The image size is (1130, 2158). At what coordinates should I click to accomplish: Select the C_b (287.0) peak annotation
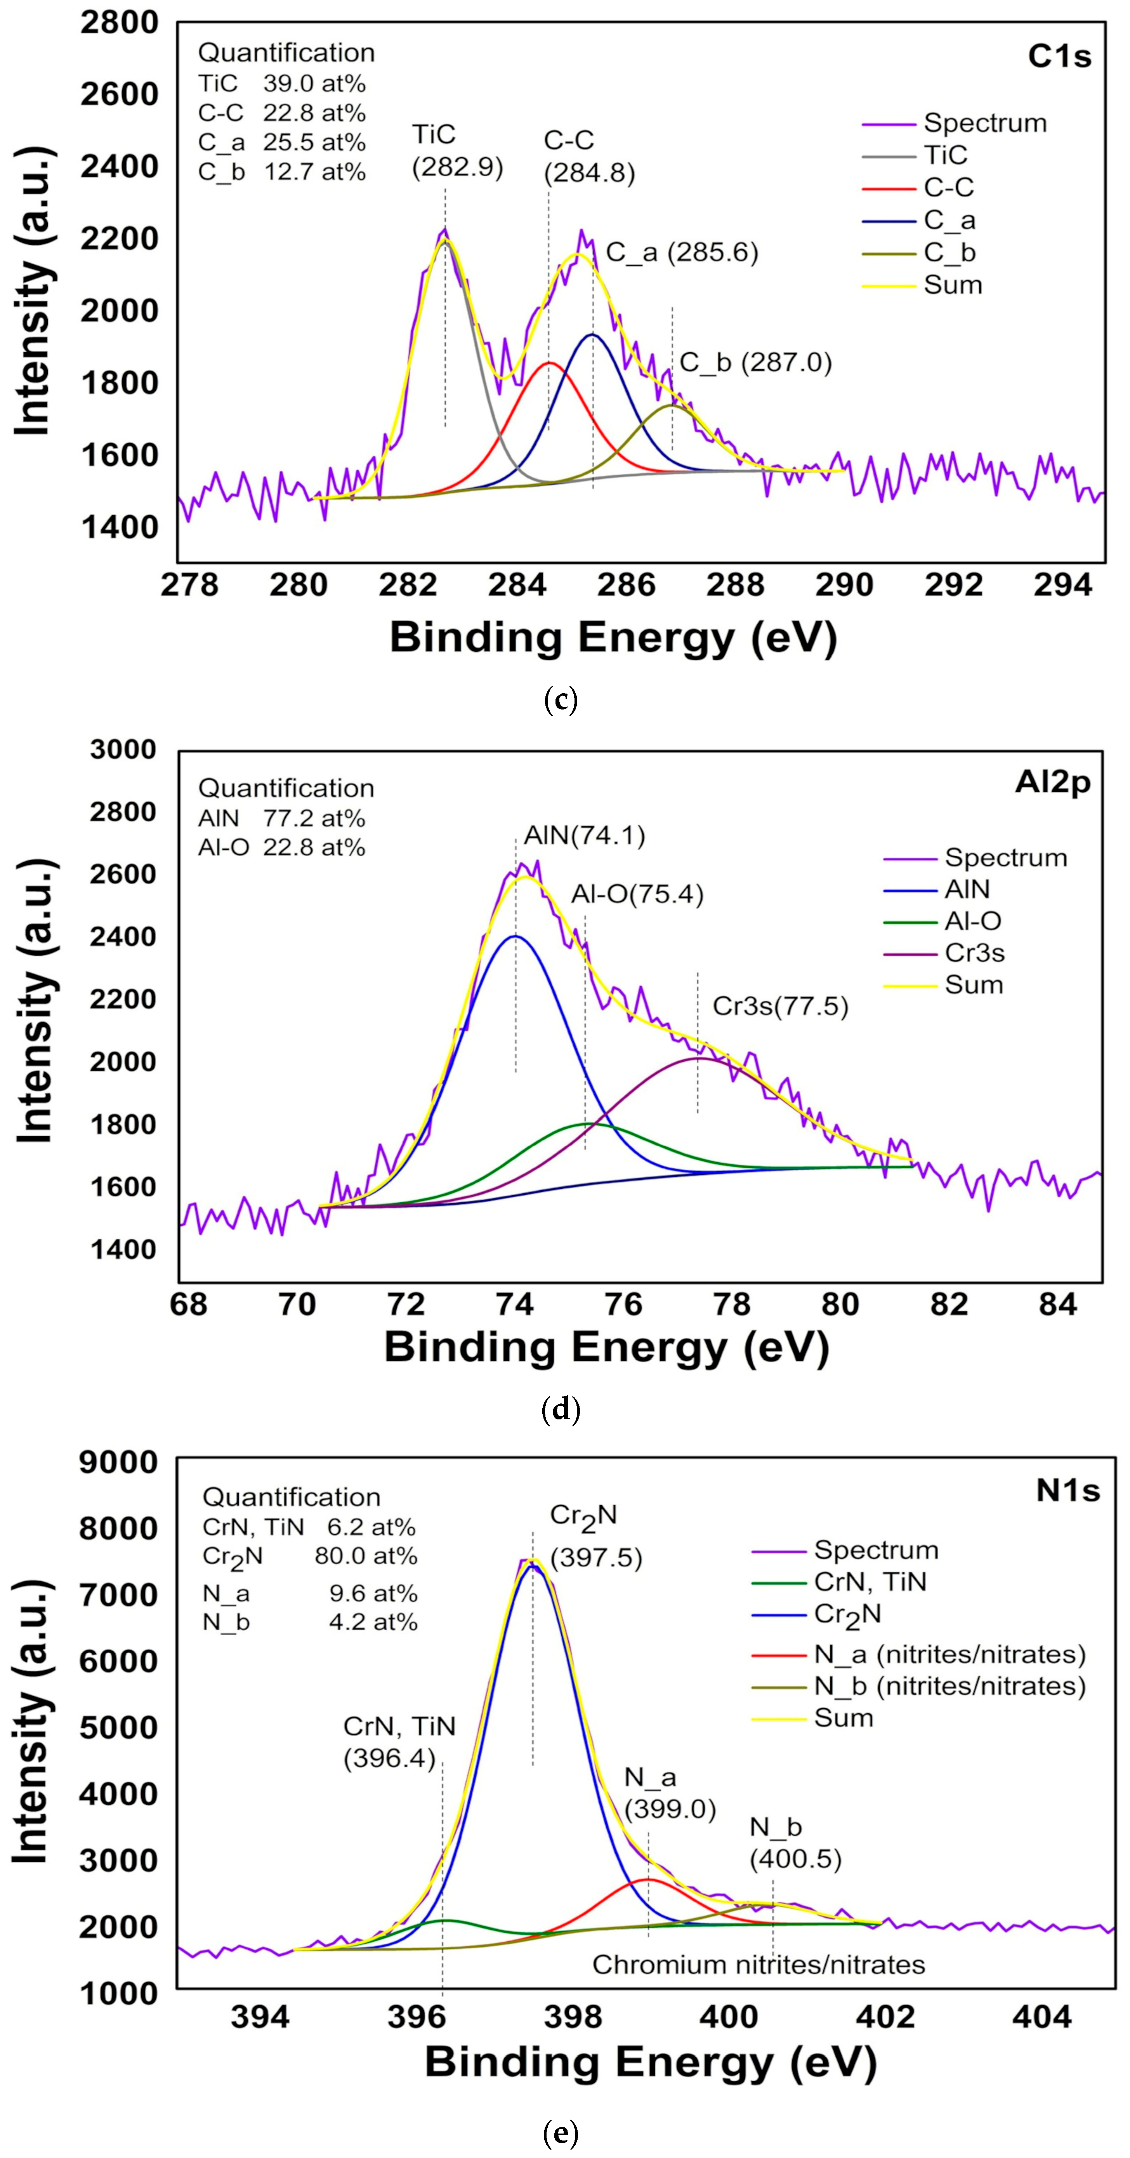755,363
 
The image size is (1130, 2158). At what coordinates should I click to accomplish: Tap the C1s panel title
1060,56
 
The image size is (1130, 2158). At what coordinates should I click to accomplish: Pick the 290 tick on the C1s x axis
844,585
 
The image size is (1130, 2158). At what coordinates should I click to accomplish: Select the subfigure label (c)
561,699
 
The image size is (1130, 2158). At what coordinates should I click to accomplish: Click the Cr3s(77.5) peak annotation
780,1006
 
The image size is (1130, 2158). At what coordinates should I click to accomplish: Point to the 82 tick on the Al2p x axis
949,1304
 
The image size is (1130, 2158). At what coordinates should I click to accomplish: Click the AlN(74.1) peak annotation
585,836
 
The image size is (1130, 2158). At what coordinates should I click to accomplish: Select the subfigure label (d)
561,1410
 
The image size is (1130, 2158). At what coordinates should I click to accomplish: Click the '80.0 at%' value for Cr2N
365,1556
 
